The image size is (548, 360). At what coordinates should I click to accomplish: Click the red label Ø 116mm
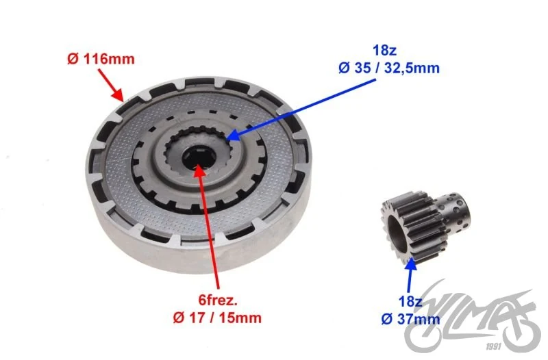pos(101,59)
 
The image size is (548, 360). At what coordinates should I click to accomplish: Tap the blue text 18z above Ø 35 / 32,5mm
pos(384,50)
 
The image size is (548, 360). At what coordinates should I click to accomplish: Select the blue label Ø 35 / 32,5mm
pos(389,68)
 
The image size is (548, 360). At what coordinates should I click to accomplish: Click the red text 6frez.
pos(218,300)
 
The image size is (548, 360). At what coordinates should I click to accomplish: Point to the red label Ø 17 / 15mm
pos(217,318)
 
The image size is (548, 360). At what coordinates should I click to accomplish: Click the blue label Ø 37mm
pos(410,319)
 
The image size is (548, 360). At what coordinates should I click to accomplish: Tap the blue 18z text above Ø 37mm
pos(410,301)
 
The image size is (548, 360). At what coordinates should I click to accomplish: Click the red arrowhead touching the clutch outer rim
pos(118,94)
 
